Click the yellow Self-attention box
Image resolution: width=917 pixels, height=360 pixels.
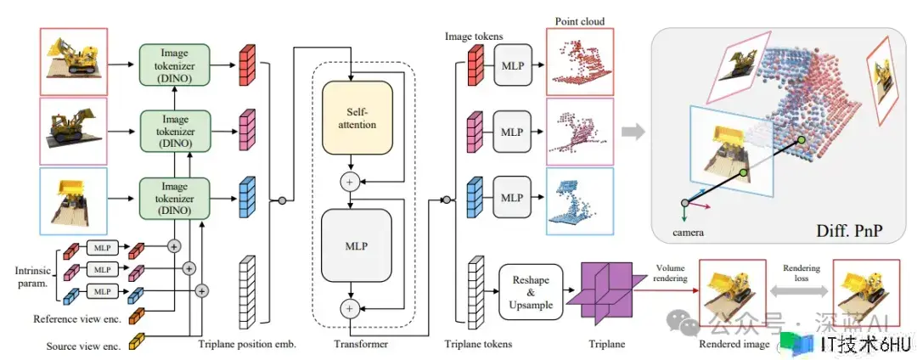[357, 118]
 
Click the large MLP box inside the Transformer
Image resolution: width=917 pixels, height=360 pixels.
[357, 246]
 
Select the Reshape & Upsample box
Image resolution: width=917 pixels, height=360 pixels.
[532, 290]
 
